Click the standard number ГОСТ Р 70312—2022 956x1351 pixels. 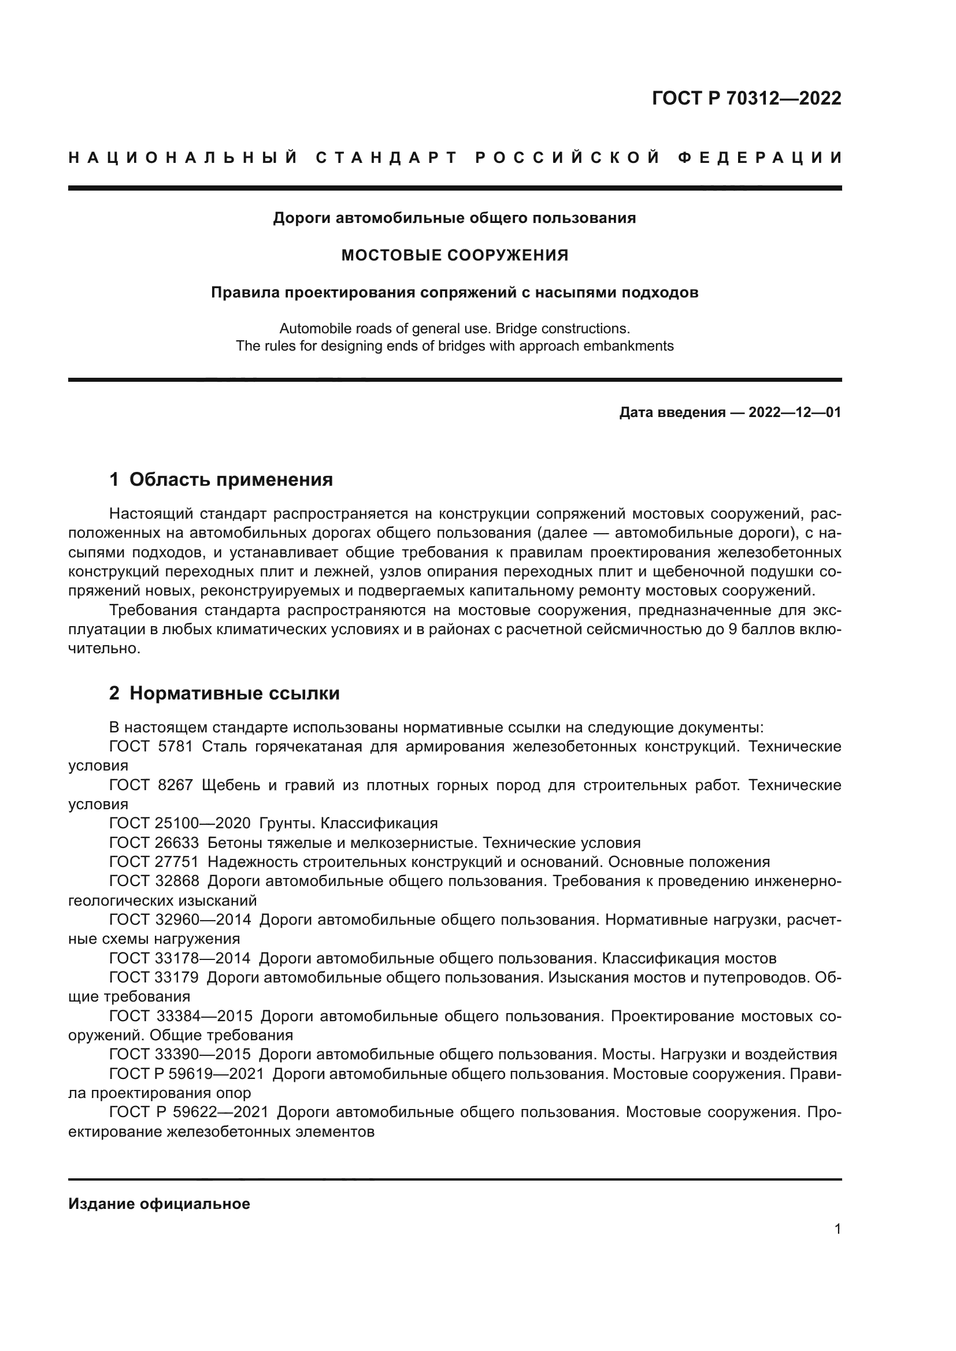pyautogui.click(x=746, y=98)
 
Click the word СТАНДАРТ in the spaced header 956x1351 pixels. pyautogui.click(x=387, y=158)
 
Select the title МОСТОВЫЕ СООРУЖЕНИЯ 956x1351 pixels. pyautogui.click(x=454, y=255)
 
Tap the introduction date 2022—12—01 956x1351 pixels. pyautogui.click(x=795, y=412)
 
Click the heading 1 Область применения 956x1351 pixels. pyautogui.click(x=221, y=479)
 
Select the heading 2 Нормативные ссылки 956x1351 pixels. pyautogui.click(x=224, y=693)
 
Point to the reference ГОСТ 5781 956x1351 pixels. pyautogui.click(x=151, y=747)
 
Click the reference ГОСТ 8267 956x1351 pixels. pyautogui.click(x=151, y=786)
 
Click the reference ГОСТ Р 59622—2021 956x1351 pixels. pyautogui.click(x=188, y=1112)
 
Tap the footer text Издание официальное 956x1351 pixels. pyautogui.click(x=159, y=1204)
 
